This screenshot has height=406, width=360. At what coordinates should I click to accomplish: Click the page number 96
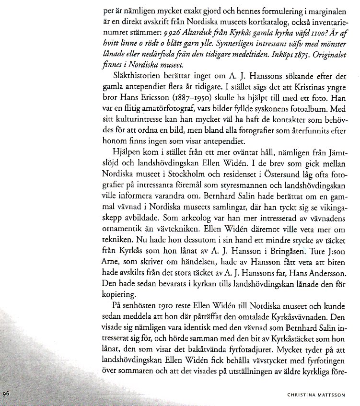(x=6, y=393)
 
